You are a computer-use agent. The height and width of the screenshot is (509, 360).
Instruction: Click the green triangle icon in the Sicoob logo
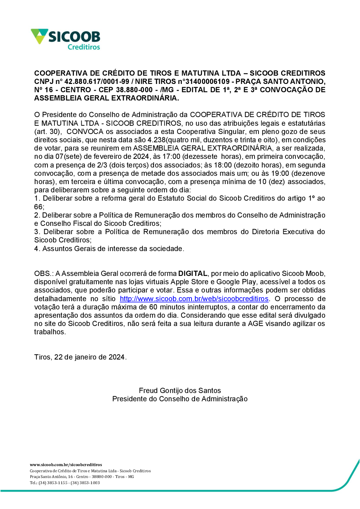point(39,36)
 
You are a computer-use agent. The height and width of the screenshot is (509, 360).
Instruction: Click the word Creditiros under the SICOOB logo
point(84,47)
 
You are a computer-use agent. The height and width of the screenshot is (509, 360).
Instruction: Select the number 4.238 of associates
point(156,140)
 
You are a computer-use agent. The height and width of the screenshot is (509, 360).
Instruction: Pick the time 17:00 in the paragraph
point(171,156)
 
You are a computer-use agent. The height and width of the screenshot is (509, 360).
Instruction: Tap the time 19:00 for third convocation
point(280,173)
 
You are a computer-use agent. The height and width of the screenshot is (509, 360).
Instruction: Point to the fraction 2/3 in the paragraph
point(102,165)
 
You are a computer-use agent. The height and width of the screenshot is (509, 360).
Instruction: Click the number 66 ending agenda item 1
point(39,207)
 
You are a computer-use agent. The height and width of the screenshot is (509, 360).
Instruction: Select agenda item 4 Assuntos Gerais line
point(109,249)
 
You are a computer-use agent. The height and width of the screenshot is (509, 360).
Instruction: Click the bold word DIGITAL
point(193,273)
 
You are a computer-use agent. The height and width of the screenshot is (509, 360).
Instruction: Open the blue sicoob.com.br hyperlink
point(194,299)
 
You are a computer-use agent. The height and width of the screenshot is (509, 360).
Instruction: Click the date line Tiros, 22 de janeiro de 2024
point(80,357)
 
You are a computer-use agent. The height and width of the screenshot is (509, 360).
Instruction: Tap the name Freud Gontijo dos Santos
point(180,390)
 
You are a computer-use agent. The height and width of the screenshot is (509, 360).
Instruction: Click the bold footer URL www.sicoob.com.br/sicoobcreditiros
point(66,465)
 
